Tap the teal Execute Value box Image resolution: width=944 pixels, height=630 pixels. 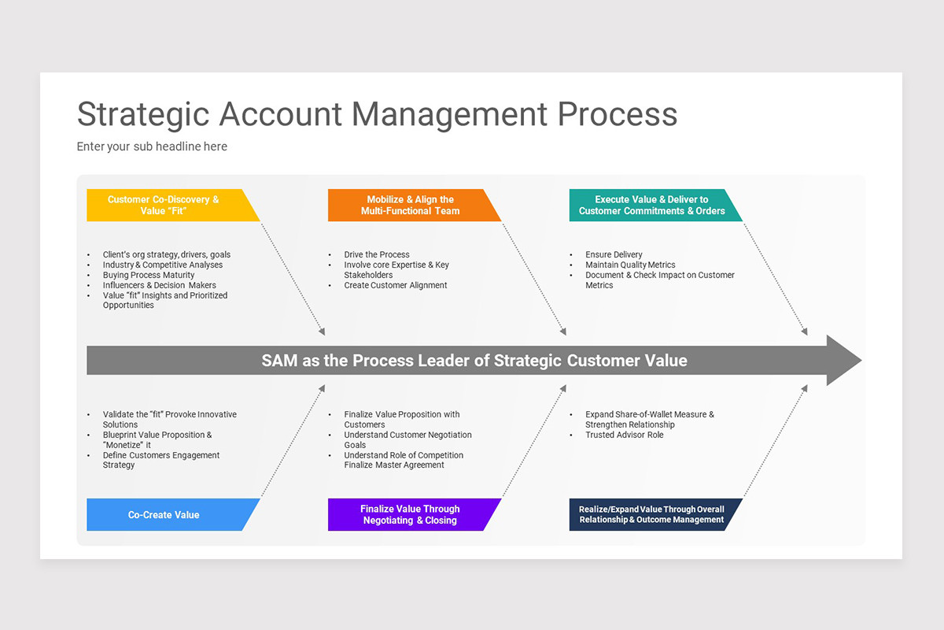[651, 206]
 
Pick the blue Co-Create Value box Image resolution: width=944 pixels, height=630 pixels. [165, 515]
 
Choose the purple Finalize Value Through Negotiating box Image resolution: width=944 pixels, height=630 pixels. [409, 515]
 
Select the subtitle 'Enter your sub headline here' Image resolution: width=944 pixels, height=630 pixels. [152, 146]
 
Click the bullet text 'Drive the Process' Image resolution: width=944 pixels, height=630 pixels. [377, 255]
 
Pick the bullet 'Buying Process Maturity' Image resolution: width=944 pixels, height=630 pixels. [149, 276]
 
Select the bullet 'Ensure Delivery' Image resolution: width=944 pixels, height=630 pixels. [614, 255]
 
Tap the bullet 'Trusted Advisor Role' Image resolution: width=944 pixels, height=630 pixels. [625, 435]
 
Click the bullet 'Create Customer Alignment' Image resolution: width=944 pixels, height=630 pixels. [396, 286]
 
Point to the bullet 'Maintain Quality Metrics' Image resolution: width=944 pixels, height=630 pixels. [630, 265]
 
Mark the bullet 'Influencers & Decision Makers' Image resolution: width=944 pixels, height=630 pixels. [160, 286]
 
